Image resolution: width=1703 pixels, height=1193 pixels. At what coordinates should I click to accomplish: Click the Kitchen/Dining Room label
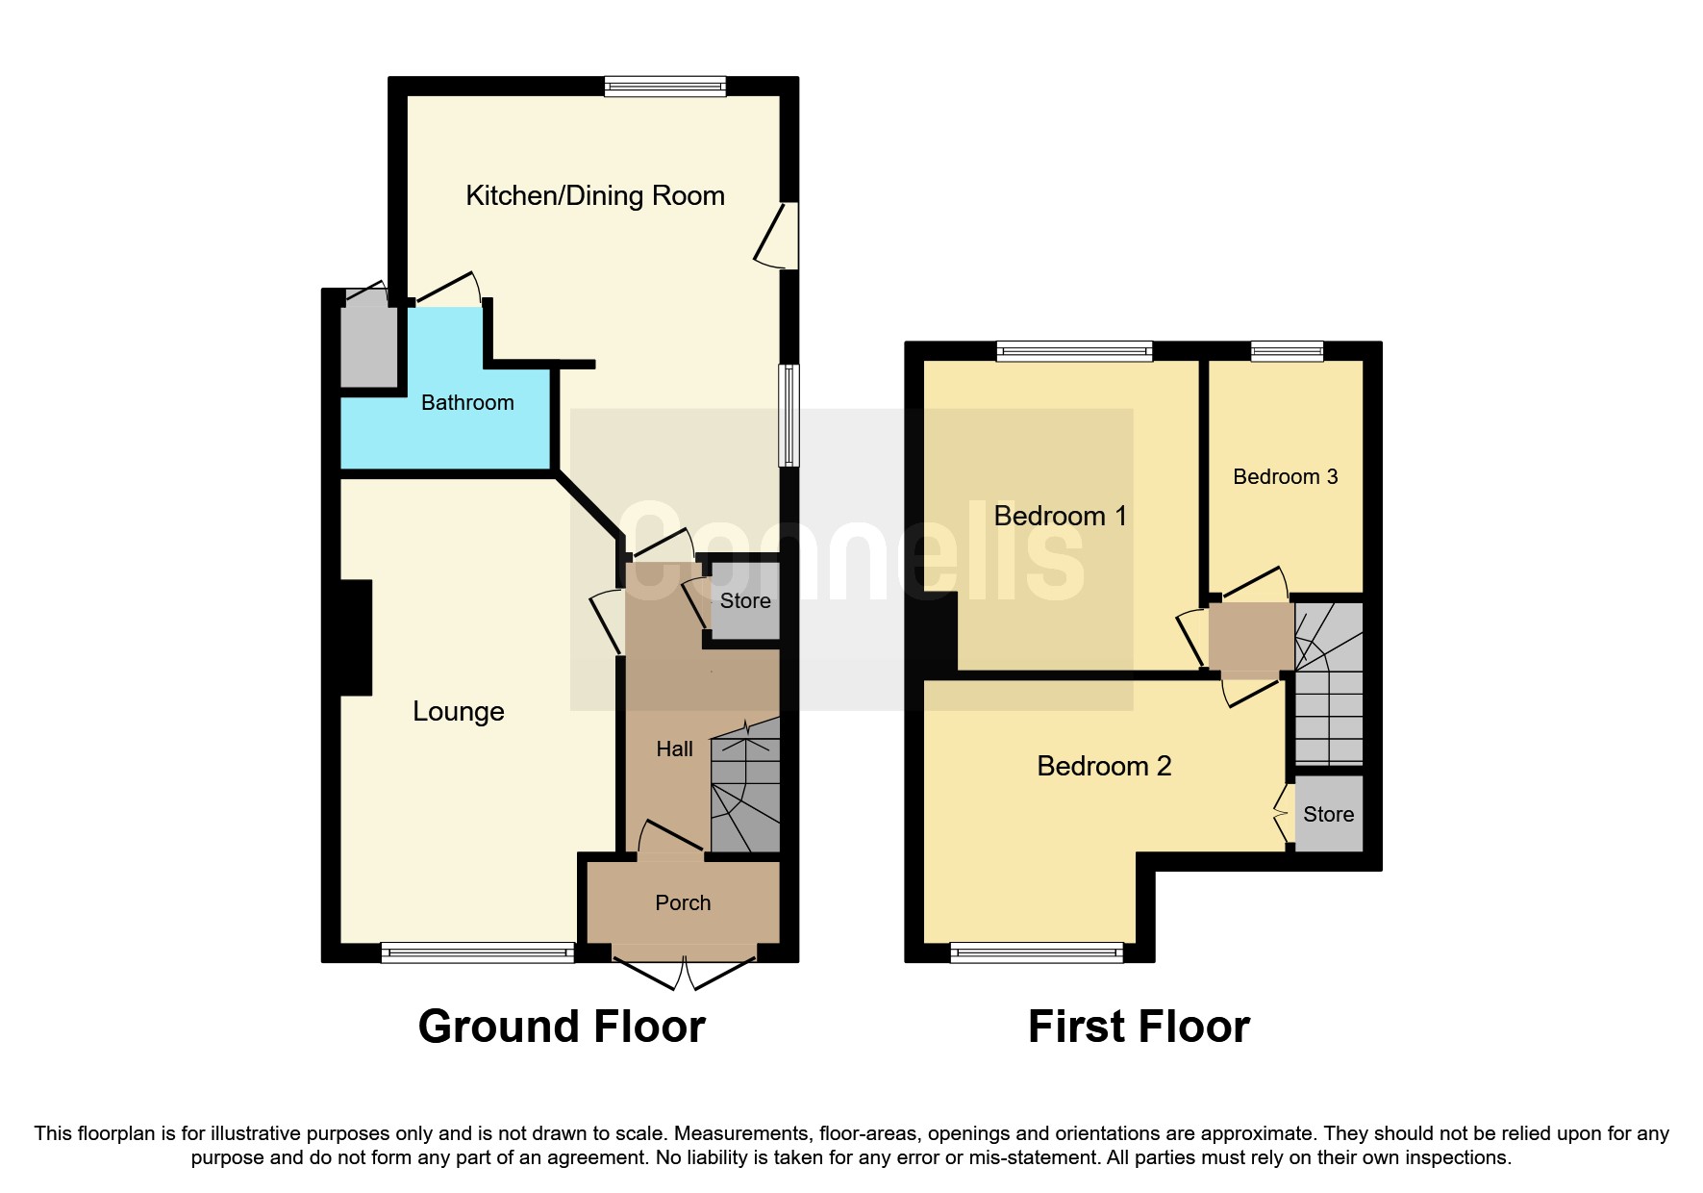pyautogui.click(x=594, y=196)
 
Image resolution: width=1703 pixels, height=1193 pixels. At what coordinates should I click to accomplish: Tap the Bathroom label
pyautogui.click(x=467, y=403)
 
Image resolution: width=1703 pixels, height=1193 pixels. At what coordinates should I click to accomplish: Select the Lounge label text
pyautogui.click(x=458, y=712)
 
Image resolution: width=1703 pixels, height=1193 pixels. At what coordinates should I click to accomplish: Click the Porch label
pyautogui.click(x=683, y=903)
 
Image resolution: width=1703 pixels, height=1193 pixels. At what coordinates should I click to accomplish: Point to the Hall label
pyautogui.click(x=674, y=749)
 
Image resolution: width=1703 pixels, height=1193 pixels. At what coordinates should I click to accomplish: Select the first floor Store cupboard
pyautogui.click(x=1328, y=815)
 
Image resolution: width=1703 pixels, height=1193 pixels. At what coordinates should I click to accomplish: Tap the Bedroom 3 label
pyautogui.click(x=1285, y=477)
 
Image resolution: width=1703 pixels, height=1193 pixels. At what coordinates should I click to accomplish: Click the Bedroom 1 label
pyautogui.click(x=1060, y=517)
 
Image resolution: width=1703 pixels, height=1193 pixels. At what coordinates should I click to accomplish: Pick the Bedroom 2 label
pyautogui.click(x=1104, y=767)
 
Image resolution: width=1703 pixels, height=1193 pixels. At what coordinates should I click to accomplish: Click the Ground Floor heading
pyautogui.click(x=562, y=1027)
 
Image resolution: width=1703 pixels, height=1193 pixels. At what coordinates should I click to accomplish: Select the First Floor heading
pyautogui.click(x=1139, y=1027)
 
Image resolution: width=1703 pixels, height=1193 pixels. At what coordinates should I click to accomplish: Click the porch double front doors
pyautogui.click(x=684, y=973)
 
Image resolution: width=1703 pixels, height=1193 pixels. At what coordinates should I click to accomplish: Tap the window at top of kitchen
pyautogui.click(x=664, y=87)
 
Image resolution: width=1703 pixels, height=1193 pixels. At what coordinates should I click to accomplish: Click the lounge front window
pyautogui.click(x=477, y=953)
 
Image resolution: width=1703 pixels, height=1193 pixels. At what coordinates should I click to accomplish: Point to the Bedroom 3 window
pyautogui.click(x=1287, y=351)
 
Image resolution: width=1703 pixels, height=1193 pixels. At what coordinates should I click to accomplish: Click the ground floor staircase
pyautogui.click(x=745, y=789)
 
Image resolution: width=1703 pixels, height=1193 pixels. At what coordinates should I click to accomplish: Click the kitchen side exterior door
pyautogui.click(x=779, y=236)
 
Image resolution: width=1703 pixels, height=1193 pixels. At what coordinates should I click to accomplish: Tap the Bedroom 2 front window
pyautogui.click(x=1037, y=953)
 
